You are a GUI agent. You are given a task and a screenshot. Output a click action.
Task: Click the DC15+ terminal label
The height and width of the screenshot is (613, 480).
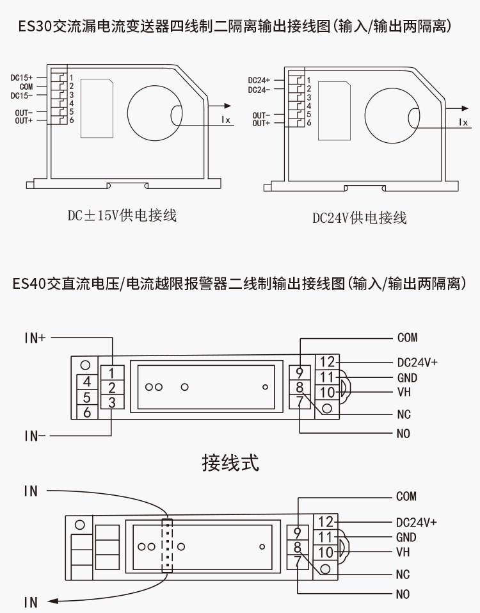pos(22,78)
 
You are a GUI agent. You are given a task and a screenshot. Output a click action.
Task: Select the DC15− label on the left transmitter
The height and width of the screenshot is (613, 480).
pos(22,96)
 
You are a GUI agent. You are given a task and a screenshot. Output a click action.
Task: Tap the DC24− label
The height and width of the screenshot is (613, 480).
pos(259,90)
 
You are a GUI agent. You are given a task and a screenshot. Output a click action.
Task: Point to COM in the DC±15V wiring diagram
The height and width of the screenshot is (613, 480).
pos(26,86)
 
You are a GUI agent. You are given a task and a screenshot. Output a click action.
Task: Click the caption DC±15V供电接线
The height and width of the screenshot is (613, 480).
pos(122,215)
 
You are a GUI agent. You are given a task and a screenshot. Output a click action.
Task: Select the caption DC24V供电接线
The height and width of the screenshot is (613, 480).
pos(359,218)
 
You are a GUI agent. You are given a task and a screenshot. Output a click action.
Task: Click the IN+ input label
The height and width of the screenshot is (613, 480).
pos(35,338)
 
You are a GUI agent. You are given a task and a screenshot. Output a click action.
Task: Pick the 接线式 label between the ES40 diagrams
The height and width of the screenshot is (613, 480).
pos(230,463)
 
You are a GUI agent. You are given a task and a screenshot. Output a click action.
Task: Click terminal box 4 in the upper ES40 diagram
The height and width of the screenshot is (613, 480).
pos(86,382)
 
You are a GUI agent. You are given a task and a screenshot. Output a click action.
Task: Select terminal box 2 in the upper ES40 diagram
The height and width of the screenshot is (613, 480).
pos(112,388)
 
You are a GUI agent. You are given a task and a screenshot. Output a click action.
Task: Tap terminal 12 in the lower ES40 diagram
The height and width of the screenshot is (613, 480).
pos(325,522)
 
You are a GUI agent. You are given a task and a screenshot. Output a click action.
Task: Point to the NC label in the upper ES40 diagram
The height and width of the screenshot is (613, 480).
pos(404,414)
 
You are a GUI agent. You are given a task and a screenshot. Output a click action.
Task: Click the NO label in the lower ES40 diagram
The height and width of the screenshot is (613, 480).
pos(403,594)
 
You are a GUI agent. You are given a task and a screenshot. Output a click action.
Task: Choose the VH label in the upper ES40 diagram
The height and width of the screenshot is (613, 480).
pos(404,392)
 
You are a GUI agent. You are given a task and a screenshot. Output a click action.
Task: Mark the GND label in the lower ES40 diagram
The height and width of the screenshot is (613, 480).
pos(406,537)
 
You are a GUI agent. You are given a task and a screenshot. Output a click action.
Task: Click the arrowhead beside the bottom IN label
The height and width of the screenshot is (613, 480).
pos(52,601)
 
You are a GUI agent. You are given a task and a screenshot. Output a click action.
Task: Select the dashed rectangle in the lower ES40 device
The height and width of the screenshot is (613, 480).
pos(167,545)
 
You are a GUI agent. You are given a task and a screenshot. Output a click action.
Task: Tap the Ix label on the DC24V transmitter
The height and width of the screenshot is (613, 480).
pos(463,122)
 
